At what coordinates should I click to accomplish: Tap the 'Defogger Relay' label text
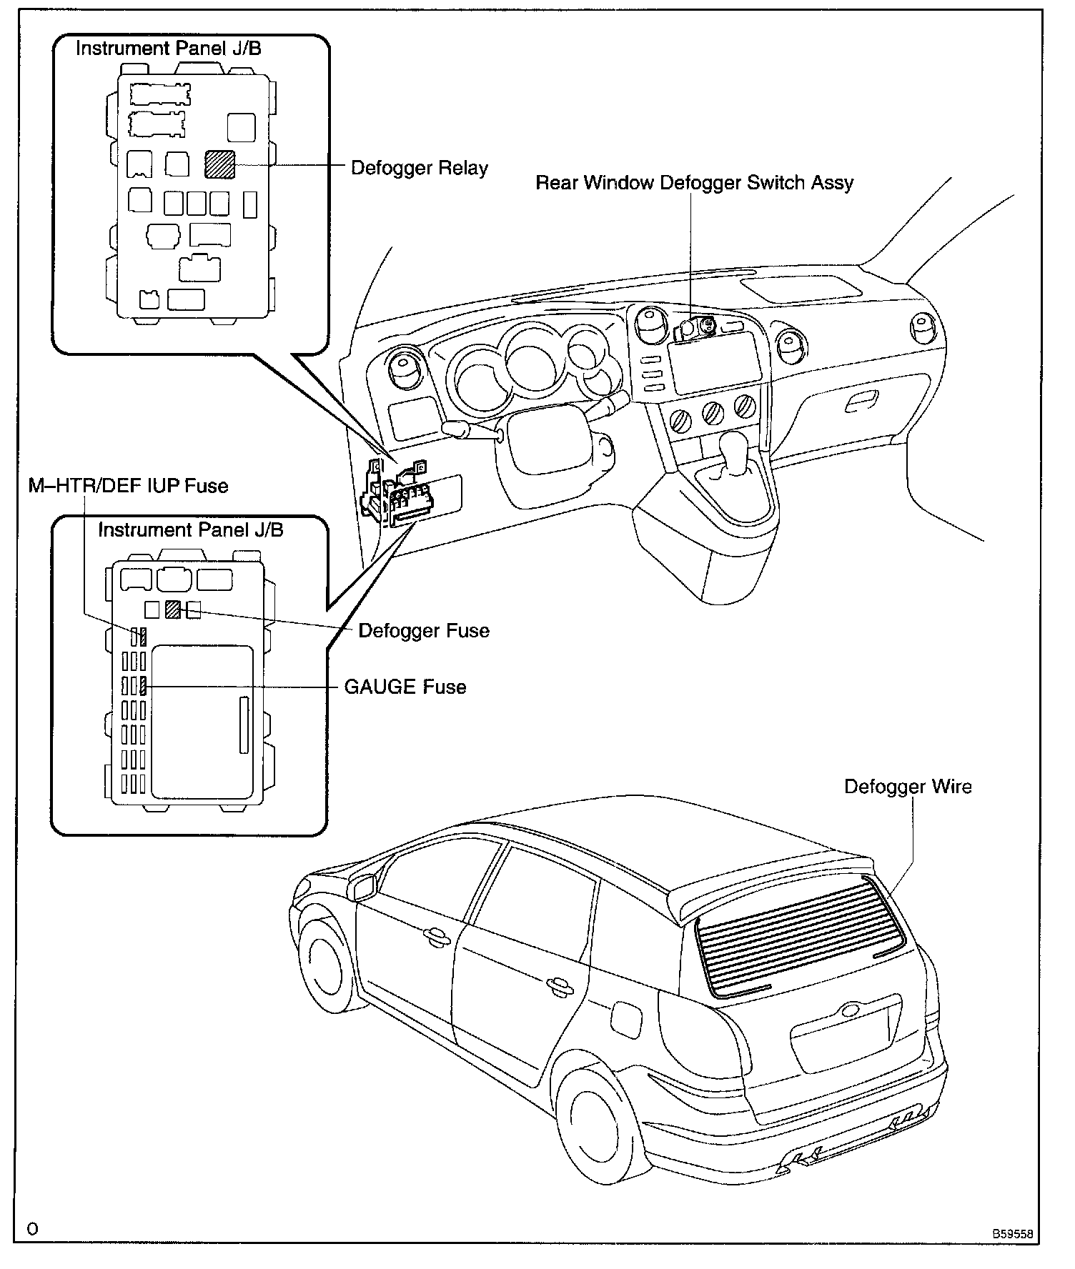coord(419,169)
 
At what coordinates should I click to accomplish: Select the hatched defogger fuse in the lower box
coord(172,609)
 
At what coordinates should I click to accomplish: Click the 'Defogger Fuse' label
coord(423,631)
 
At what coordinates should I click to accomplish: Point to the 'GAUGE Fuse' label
coord(405,687)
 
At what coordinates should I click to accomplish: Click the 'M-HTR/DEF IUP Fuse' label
coord(128,487)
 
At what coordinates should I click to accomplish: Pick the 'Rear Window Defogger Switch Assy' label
coord(694,183)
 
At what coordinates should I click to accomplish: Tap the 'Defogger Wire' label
coord(907,787)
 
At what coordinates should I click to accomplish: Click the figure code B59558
coord(1011,1234)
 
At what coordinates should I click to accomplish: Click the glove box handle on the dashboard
coord(861,402)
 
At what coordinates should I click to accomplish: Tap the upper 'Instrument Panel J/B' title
coord(168,49)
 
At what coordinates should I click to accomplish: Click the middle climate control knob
coord(713,412)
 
